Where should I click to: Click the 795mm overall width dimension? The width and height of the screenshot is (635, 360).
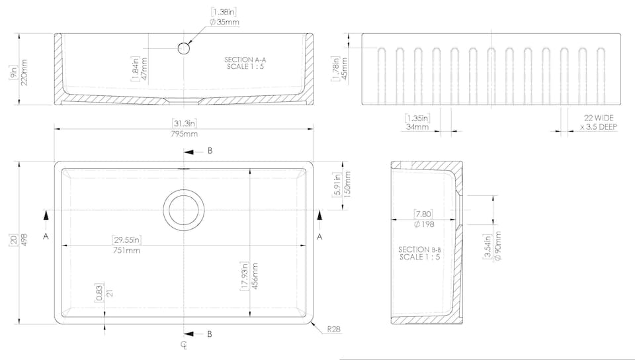tap(185, 134)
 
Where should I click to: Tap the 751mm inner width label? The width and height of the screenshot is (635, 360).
tap(127, 250)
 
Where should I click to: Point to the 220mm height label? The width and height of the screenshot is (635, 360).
tap(24, 73)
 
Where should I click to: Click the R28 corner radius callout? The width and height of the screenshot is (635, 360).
tap(333, 329)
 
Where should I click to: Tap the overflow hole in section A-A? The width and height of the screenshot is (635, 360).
tap(184, 48)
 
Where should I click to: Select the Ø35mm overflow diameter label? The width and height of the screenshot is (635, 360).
tap(224, 22)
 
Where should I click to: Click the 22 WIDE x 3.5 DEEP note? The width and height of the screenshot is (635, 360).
tap(599, 122)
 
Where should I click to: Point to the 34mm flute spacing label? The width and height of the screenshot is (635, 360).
tap(417, 127)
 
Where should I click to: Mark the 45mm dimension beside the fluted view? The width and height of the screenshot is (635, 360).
tap(345, 68)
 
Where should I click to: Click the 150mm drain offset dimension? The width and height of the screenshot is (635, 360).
tap(347, 184)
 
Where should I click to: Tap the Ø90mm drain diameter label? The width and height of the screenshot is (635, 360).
tap(497, 246)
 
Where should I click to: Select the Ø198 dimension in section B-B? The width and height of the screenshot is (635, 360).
tap(424, 224)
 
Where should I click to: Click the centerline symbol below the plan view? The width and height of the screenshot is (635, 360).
tap(184, 345)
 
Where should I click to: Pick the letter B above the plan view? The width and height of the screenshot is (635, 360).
tap(210, 151)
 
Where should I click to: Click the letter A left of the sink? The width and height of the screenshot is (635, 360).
tap(46, 236)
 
